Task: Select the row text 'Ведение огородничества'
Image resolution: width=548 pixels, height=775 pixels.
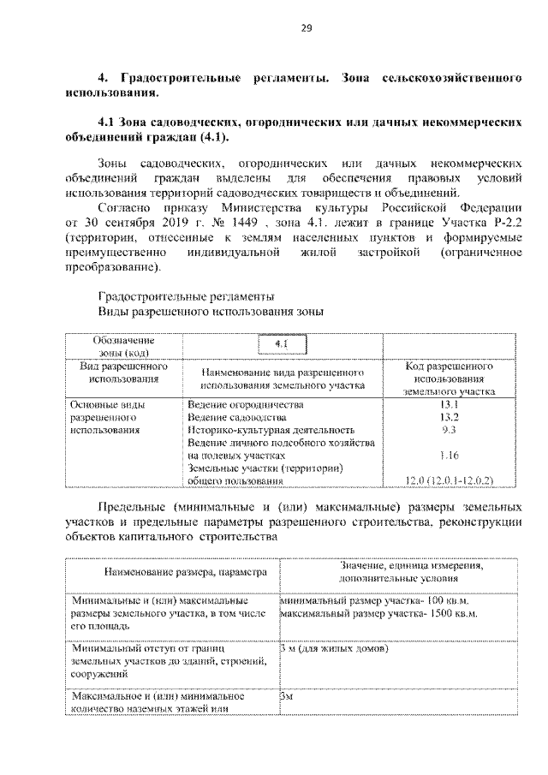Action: click(x=245, y=402)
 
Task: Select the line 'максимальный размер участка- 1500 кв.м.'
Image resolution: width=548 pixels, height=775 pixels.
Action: click(x=379, y=614)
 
